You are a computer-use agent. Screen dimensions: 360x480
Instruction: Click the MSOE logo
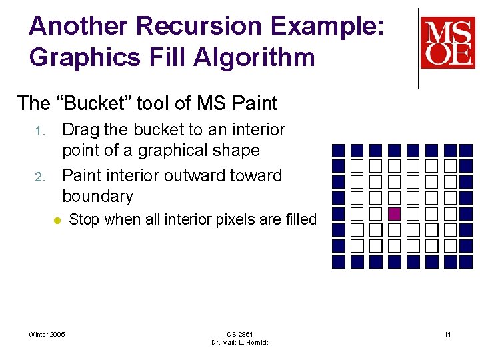pyautogui.click(x=447, y=43)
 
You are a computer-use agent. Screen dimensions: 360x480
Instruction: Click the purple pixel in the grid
pyautogui.click(x=394, y=214)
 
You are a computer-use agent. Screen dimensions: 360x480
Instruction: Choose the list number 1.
pyautogui.click(x=39, y=131)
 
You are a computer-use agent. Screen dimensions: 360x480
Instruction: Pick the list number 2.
pyautogui.click(x=39, y=177)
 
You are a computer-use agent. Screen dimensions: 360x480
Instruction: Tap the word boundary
pyautogui.click(x=98, y=196)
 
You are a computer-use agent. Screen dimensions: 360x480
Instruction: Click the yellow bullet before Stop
pyautogui.click(x=57, y=219)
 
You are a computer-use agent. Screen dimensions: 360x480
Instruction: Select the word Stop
pyautogui.click(x=85, y=219)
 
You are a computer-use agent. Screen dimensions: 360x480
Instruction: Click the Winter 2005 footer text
pyautogui.click(x=47, y=334)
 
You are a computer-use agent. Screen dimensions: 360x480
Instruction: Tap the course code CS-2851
pyautogui.click(x=239, y=334)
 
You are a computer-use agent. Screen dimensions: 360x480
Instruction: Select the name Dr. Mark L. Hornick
pyautogui.click(x=239, y=343)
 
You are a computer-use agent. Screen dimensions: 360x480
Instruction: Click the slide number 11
pyautogui.click(x=447, y=334)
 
